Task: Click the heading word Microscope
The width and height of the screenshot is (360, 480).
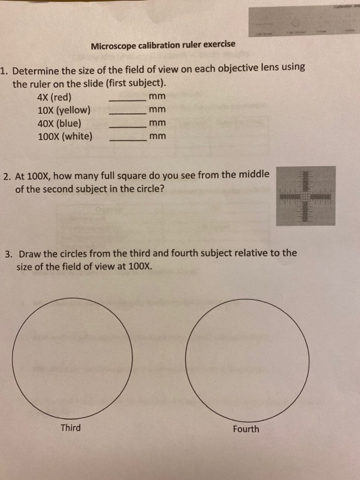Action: pyautogui.click(x=116, y=45)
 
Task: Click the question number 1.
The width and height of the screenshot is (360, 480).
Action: pyautogui.click(x=4, y=70)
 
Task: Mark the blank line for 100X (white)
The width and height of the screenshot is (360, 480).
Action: pyautogui.click(x=128, y=139)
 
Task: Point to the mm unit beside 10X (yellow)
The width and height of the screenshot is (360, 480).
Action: pyautogui.click(x=158, y=110)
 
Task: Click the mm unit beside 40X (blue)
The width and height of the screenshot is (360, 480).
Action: pyautogui.click(x=158, y=123)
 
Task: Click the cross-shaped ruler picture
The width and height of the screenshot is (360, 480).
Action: pyautogui.click(x=306, y=195)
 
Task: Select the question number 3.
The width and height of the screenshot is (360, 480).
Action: pyautogui.click(x=8, y=253)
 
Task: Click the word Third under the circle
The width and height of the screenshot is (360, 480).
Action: pyautogui.click(x=71, y=428)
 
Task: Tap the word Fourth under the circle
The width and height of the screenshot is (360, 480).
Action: pyautogui.click(x=245, y=429)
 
